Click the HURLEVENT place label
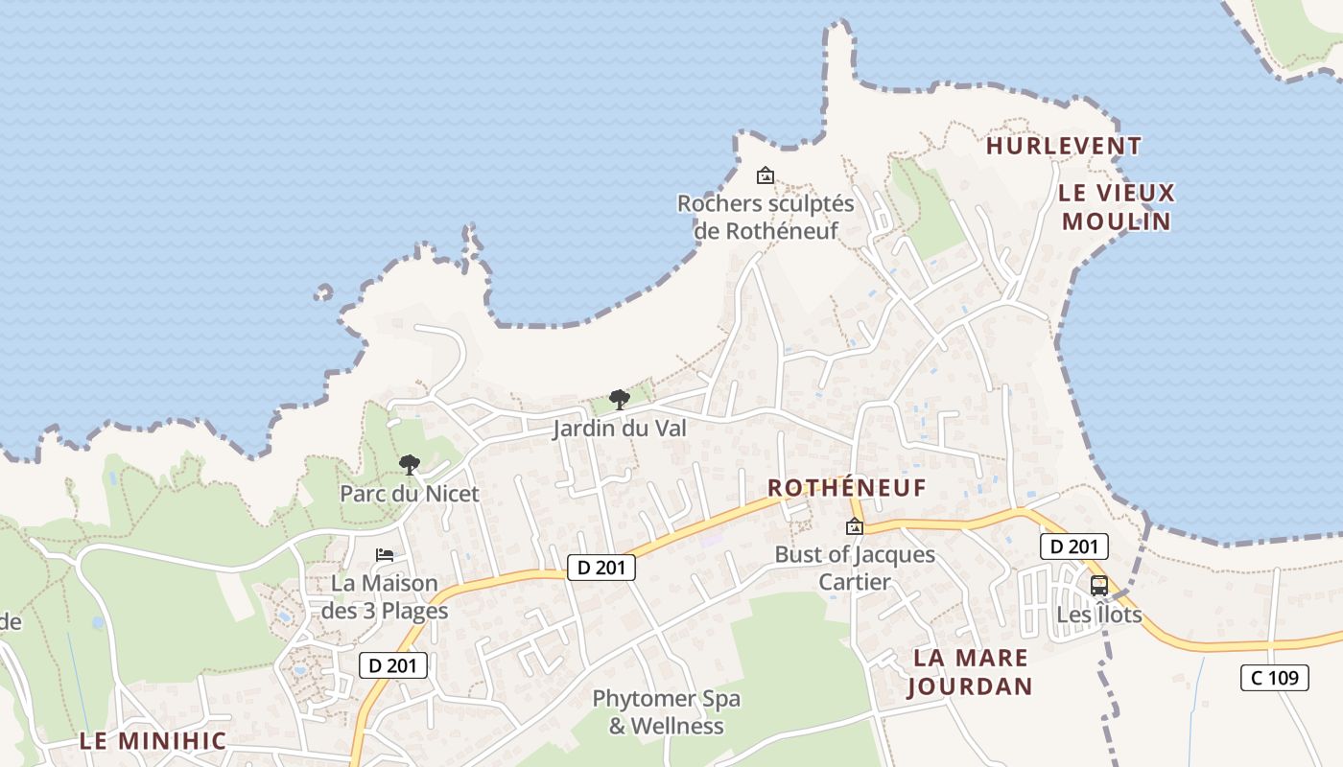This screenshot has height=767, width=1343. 1064,147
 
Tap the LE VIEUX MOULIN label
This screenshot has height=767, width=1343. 1117,207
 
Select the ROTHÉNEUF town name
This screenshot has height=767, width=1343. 847,488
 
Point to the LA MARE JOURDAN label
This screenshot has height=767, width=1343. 970,672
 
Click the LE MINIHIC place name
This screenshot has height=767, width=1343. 153,741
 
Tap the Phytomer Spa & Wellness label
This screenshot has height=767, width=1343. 667,712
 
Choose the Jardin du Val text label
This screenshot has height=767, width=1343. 620,429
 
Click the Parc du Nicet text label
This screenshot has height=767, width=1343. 410,495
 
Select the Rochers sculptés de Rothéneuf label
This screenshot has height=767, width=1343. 766,217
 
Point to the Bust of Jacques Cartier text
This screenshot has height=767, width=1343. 855,569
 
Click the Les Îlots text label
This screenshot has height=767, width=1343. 1099,615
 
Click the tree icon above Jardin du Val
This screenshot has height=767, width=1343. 620,399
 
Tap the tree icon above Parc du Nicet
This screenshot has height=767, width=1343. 410,465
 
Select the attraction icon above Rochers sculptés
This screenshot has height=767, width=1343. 766,175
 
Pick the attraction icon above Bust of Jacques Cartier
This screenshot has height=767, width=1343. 854,526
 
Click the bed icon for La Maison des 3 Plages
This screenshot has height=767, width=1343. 385,555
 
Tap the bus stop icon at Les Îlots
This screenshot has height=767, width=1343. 1099,586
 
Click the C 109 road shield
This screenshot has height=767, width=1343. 1274,678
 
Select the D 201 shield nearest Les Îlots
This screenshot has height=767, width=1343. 1074,547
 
